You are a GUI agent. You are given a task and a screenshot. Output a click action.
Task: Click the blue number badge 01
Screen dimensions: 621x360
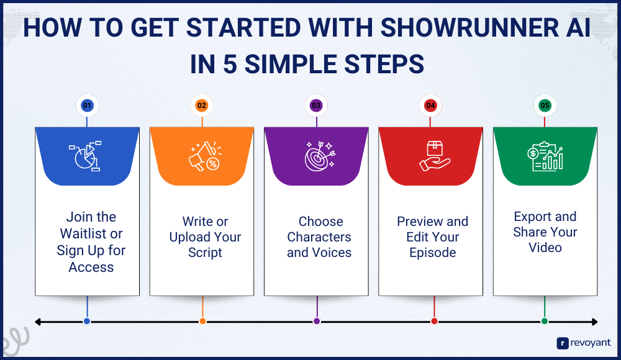pos(87,106)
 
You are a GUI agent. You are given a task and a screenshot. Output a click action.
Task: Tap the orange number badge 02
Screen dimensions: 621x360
pos(202,106)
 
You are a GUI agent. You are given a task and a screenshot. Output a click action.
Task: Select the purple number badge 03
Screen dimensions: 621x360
pos(316,106)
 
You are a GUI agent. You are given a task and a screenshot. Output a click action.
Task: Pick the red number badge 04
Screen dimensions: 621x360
pos(430,106)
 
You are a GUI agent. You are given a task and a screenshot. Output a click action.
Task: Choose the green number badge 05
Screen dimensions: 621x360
pos(545,106)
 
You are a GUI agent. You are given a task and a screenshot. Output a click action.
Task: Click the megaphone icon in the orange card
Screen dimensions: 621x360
pos(205,156)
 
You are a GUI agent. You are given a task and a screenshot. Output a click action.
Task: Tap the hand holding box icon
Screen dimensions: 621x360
pos(435,156)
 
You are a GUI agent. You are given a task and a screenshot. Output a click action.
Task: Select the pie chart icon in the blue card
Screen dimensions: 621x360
pos(85,156)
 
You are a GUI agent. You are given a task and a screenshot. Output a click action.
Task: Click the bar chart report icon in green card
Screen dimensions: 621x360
pos(545,156)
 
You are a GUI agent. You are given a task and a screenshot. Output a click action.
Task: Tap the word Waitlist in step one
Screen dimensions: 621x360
pos(84,233)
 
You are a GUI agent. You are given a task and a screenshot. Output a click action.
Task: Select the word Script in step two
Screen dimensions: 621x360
pos(205,253)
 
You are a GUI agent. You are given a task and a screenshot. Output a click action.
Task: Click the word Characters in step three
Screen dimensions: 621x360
pos(319,237)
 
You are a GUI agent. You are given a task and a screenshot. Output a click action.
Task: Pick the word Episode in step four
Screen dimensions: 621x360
pos(432,253)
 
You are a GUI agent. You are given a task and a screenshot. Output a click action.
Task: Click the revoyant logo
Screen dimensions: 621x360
pos(584,343)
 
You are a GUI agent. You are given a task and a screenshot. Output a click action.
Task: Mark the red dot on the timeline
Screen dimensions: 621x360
pos(435,321)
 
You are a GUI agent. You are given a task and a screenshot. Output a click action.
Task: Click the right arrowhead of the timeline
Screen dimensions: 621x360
pos(595,322)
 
